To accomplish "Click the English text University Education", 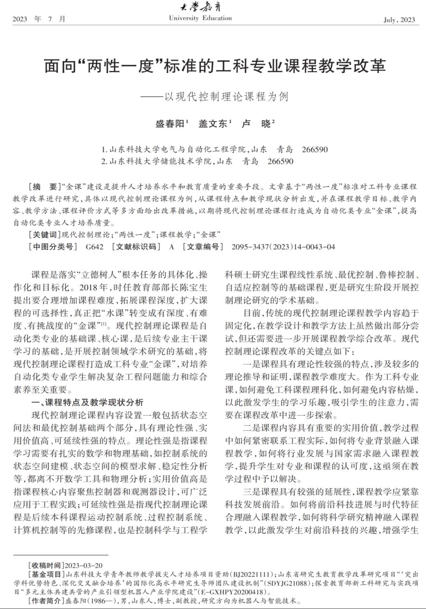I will [201, 18].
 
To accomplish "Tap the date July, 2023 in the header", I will [399, 20].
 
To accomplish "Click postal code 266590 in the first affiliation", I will [315, 150].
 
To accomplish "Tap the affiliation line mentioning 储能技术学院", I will [197, 161].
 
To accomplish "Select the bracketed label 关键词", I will [43, 234].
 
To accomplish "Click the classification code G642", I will [94, 247].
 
